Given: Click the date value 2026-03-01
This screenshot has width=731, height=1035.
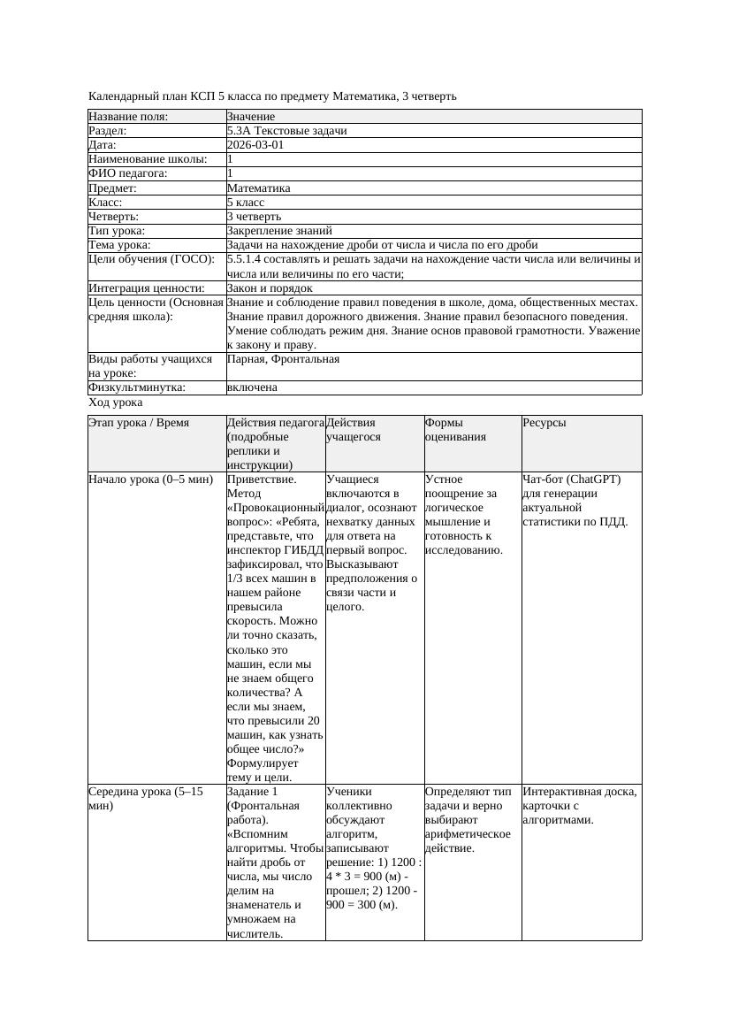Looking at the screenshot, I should pyautogui.click(x=255, y=145).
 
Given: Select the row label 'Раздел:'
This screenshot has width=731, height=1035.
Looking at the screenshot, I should pyautogui.click(x=109, y=131).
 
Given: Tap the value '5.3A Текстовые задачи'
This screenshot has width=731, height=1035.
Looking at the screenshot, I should pyautogui.click(x=286, y=131).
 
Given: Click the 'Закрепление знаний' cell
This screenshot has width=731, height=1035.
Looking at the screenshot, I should pyautogui.click(x=279, y=231).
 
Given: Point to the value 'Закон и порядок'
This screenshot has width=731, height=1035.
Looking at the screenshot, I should pyautogui.click(x=270, y=288).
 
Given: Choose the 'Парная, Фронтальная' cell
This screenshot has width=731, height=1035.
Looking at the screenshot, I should pyautogui.click(x=283, y=360).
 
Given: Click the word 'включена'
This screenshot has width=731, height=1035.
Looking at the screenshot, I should pyautogui.click(x=252, y=387).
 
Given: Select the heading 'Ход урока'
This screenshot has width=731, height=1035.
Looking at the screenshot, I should pyautogui.click(x=115, y=402).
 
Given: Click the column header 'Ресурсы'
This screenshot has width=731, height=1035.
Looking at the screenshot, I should pyautogui.click(x=544, y=423).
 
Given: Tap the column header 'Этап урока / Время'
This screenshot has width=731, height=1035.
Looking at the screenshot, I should pyautogui.click(x=139, y=423).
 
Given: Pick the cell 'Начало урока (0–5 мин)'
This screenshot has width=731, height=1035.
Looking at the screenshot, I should pyautogui.click(x=150, y=479).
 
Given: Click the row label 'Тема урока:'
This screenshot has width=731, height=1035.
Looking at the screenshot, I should pyautogui.click(x=119, y=245).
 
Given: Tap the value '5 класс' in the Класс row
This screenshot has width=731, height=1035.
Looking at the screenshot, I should pyautogui.click(x=246, y=203).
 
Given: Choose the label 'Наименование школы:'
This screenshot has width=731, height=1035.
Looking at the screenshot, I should pyautogui.click(x=148, y=159).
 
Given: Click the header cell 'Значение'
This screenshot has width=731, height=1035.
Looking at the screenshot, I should pyautogui.click(x=251, y=117).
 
